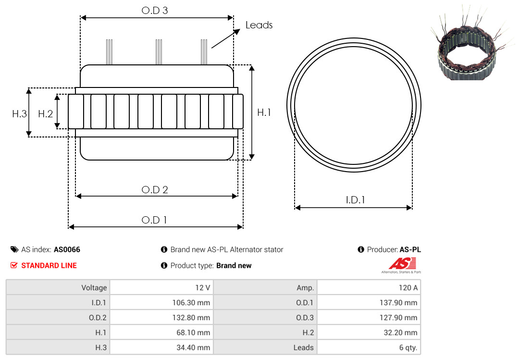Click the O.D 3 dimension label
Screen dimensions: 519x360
(x=155, y=11)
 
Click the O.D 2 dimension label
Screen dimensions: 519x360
(x=155, y=190)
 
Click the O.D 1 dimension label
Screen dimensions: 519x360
(x=154, y=220)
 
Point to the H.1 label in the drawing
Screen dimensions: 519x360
(x=264, y=112)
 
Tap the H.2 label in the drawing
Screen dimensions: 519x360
(x=45, y=114)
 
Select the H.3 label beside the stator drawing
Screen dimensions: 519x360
(x=20, y=114)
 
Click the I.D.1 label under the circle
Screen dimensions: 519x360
(x=355, y=199)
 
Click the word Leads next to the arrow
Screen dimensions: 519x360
(x=259, y=25)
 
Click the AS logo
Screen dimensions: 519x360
(x=401, y=266)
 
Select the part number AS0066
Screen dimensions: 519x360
(x=67, y=249)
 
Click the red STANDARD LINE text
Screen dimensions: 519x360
(x=49, y=266)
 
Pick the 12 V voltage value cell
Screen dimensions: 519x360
(x=161, y=287)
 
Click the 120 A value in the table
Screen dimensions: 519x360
(x=369, y=287)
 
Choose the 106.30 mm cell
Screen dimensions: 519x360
(x=161, y=302)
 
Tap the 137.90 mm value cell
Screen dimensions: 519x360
(x=369, y=302)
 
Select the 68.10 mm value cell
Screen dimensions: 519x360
(x=161, y=333)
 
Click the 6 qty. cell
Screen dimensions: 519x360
(x=369, y=348)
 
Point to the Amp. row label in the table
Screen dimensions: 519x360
(x=305, y=288)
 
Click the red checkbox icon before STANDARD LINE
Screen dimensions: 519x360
(x=14, y=265)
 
